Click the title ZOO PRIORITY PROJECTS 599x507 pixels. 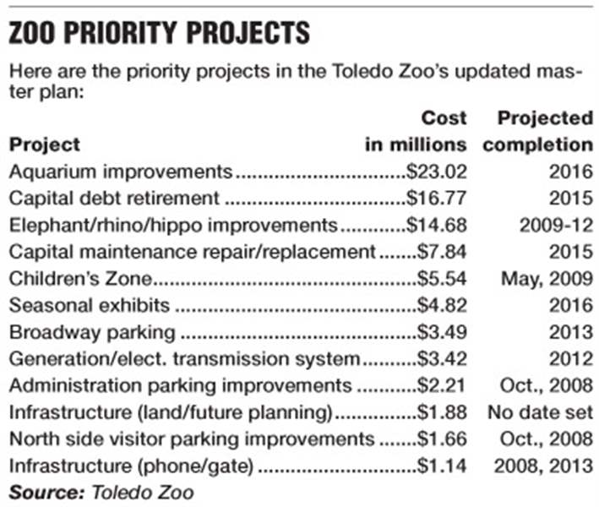pyautogui.click(x=159, y=35)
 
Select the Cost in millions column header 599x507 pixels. pyautogui.click(x=416, y=131)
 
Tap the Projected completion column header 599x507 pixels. pyautogui.click(x=538, y=131)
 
